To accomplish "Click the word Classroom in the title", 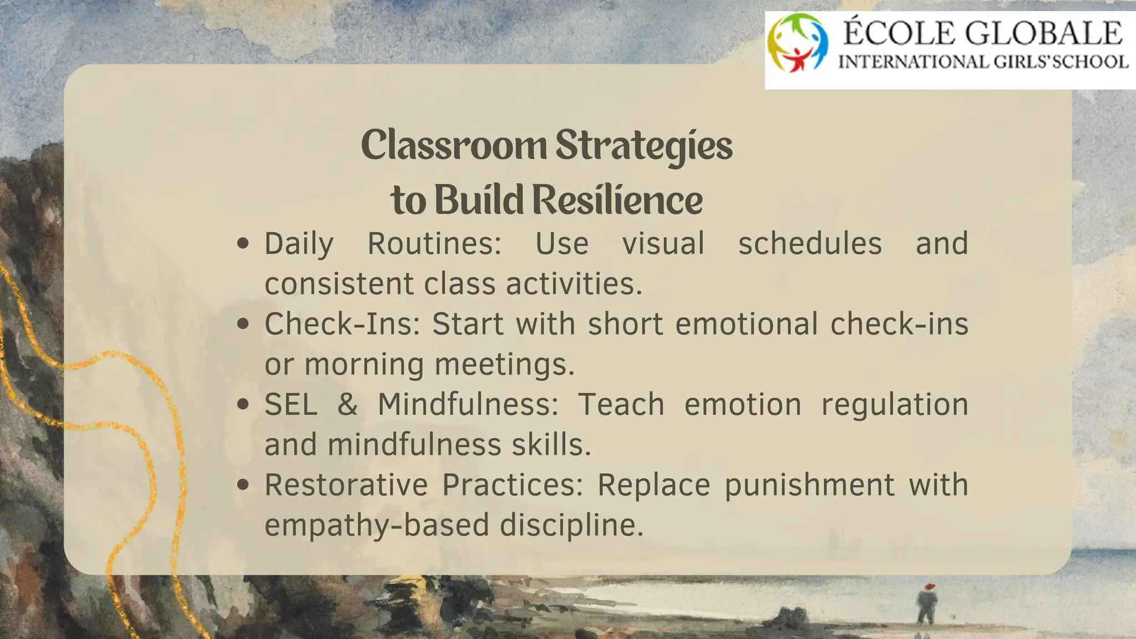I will (x=453, y=145).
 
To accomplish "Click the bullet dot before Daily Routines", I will (x=242, y=244).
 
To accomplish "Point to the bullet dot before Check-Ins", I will (x=242, y=324).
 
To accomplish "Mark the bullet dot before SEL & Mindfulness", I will (x=242, y=404).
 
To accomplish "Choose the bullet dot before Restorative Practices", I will (x=242, y=485).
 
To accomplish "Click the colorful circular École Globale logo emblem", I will (x=798, y=43).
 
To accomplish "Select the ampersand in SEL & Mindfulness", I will (x=347, y=404).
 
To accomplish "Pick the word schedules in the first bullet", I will (x=809, y=244).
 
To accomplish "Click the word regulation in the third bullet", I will (x=894, y=404).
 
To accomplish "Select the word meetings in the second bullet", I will (x=504, y=365).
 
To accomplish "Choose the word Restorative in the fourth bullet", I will (x=346, y=485).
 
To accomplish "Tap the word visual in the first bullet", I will (x=663, y=244).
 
